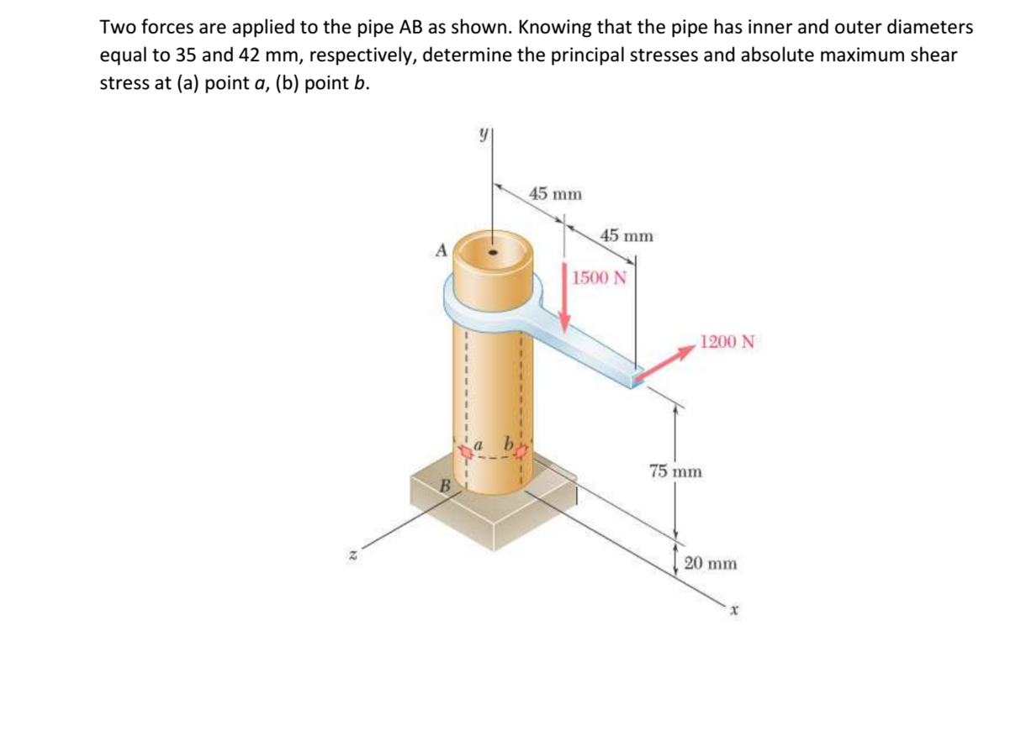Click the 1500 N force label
(599, 278)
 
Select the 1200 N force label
(727, 342)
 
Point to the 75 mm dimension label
(675, 471)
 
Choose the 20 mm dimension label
(711, 563)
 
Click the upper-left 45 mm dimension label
(555, 194)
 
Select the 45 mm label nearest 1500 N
(626, 235)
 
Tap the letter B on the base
(447, 485)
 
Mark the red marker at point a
(464, 452)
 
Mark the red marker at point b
(521, 452)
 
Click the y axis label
(484, 134)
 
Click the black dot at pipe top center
(494, 251)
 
